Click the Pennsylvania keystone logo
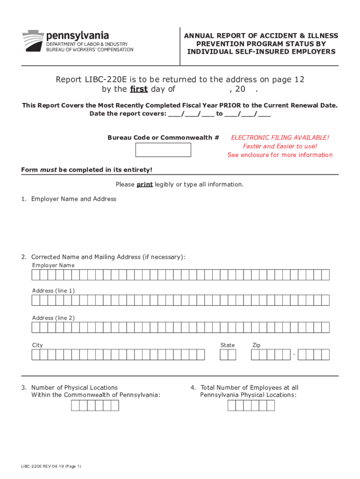pyautogui.click(x=32, y=40)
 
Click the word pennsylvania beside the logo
pyautogui.click(x=77, y=36)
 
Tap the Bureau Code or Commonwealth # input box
pyautogui.click(x=163, y=150)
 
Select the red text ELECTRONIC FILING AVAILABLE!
pyautogui.click(x=280, y=138)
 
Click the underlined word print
pyautogui.click(x=144, y=184)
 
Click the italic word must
pyautogui.click(x=48, y=169)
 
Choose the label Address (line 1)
pyautogui.click(x=53, y=291)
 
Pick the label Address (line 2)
pyautogui.click(x=53, y=318)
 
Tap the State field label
pyautogui.click(x=228, y=345)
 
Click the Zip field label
pyautogui.click(x=256, y=345)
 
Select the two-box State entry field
pyautogui.click(x=228, y=355)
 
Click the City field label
pyautogui.click(x=37, y=345)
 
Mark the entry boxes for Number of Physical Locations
pyautogui.click(x=95, y=405)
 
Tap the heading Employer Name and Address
pyautogui.click(x=73, y=199)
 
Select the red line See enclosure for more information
pyautogui.click(x=280, y=155)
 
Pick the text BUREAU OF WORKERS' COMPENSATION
pyautogui.click(x=89, y=50)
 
